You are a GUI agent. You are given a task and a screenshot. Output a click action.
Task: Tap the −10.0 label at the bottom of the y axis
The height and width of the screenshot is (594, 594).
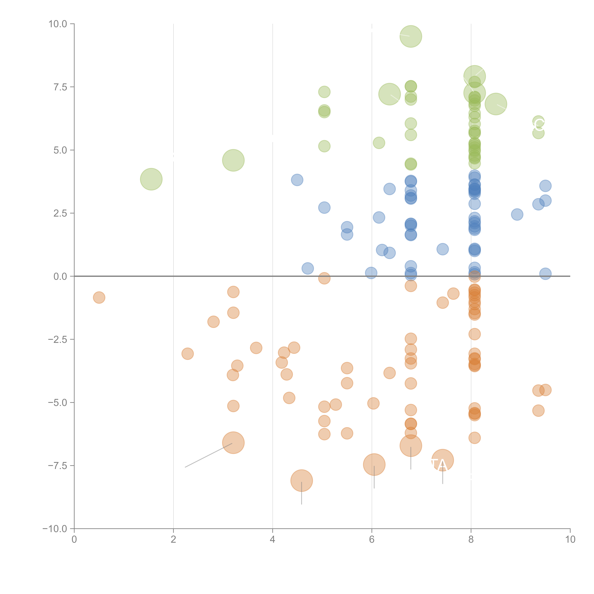[x=55, y=529]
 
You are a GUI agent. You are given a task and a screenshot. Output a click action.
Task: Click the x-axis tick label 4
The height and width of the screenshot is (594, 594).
[x=272, y=540]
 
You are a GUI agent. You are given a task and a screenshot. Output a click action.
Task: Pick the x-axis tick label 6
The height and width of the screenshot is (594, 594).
[x=372, y=540]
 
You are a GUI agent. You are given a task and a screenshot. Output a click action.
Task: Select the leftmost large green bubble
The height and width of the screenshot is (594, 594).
[x=151, y=179]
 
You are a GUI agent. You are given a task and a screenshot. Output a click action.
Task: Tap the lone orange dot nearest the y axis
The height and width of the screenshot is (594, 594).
[x=99, y=297]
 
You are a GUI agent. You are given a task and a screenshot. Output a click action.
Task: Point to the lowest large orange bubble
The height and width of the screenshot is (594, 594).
[x=302, y=481]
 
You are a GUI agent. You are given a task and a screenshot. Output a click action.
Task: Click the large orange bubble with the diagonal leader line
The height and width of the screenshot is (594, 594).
[x=233, y=443]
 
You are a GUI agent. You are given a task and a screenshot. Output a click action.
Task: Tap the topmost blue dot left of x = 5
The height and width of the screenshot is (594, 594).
[x=297, y=180]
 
